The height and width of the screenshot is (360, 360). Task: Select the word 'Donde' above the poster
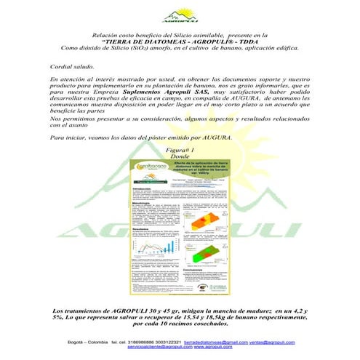point(180,156)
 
